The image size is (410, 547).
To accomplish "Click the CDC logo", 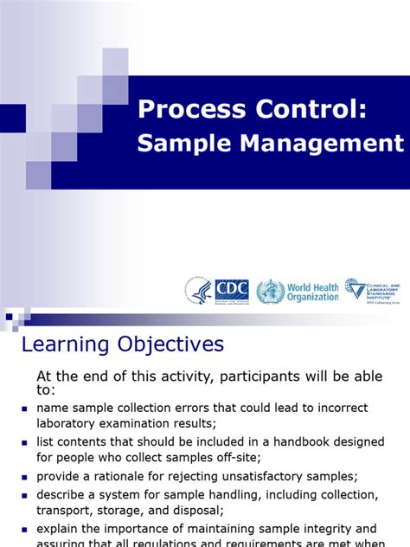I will (x=231, y=290).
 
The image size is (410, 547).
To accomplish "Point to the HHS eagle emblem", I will (x=198, y=290).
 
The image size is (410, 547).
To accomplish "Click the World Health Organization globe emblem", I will (x=270, y=291).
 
